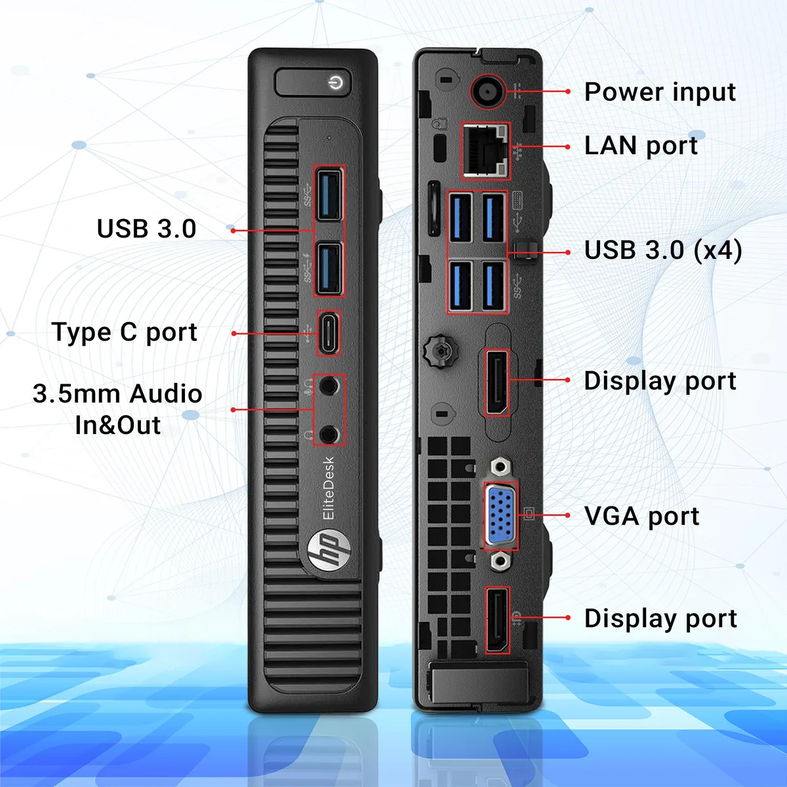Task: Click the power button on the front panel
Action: click(313, 83)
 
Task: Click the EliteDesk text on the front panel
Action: click(329, 488)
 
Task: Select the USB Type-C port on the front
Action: click(329, 333)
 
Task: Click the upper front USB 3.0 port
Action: click(329, 195)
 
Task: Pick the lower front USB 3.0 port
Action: click(329, 268)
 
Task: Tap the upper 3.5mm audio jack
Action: click(329, 385)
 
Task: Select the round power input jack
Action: click(489, 91)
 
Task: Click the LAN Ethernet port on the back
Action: click(486, 150)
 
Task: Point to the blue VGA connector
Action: click(501, 515)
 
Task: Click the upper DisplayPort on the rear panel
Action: click(496, 382)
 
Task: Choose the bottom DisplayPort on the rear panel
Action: click(497, 620)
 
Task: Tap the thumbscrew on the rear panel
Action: click(441, 350)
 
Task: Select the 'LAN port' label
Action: click(641, 146)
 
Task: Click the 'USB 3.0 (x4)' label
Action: click(663, 250)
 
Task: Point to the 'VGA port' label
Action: click(641, 516)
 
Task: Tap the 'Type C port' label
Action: click(125, 332)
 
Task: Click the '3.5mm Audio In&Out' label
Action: click(117, 409)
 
